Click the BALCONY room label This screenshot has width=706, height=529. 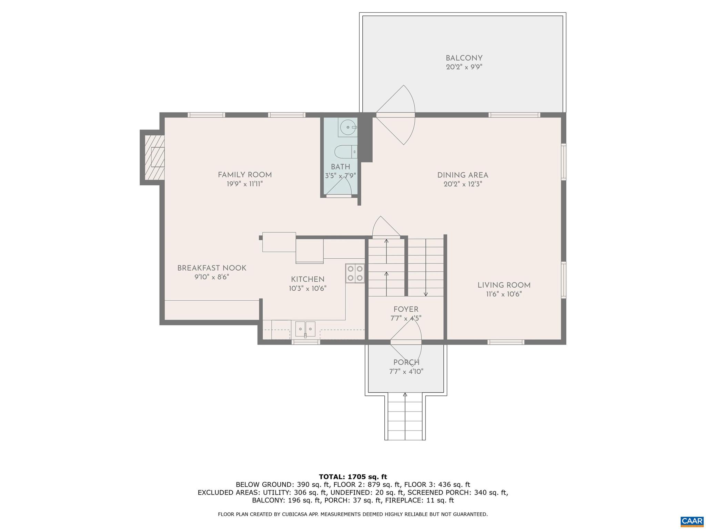(x=464, y=58)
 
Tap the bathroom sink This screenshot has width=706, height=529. (x=347, y=128)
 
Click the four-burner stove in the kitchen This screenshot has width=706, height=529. (x=355, y=273)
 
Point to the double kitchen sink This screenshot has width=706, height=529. (x=305, y=329)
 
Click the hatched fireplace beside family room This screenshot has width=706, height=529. (x=154, y=157)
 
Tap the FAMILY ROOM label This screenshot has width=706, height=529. (x=245, y=175)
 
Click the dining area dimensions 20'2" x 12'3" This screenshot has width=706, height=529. (x=463, y=184)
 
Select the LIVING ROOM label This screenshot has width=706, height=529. (x=504, y=285)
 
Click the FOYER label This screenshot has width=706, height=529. (x=406, y=309)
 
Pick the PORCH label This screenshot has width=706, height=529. (x=406, y=362)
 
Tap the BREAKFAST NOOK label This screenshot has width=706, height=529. (x=212, y=268)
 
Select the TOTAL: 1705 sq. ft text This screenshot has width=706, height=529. (x=353, y=477)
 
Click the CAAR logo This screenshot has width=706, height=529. (x=692, y=520)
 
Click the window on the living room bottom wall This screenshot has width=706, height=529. (x=506, y=342)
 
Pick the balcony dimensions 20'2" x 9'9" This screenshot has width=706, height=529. (x=464, y=67)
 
